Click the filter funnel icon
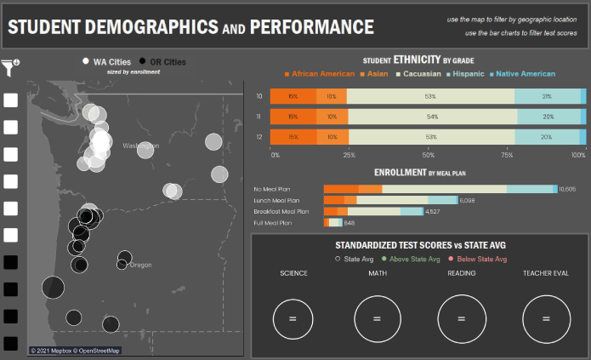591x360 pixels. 10,66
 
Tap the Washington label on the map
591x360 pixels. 140,146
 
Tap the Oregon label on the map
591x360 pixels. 140,265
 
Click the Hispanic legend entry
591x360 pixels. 469,75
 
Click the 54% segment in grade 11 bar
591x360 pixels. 431,117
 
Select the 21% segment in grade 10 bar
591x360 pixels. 547,96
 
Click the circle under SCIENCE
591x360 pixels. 293,317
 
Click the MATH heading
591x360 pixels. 377,273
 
